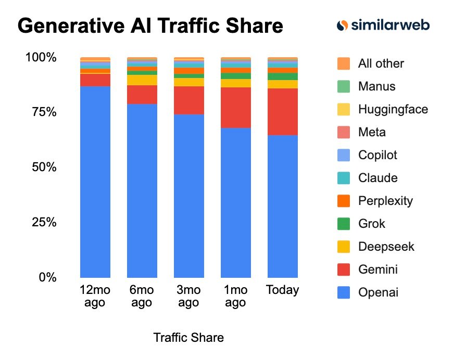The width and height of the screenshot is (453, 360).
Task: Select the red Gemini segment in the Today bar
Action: click(282, 112)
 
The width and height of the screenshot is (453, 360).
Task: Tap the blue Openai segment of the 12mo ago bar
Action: click(95, 182)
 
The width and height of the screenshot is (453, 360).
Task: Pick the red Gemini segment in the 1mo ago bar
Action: click(235, 108)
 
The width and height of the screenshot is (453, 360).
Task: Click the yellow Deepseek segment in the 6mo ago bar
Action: click(142, 80)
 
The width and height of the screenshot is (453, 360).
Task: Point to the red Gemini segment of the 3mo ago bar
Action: click(188, 100)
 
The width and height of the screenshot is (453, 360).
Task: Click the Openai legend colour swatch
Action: click(343, 292)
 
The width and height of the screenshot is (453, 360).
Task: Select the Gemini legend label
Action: click(378, 269)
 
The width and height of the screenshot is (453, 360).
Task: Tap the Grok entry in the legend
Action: click(371, 224)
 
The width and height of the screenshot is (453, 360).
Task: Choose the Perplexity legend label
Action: click(385, 201)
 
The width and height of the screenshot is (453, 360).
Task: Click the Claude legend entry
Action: click(378, 178)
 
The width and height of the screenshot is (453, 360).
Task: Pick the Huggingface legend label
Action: click(393, 109)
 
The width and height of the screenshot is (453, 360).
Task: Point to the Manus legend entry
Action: click(376, 86)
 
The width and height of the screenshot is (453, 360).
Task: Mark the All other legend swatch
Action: click(343, 63)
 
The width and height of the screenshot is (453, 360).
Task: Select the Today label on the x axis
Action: click(282, 290)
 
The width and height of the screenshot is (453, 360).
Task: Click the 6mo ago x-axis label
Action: click(142, 296)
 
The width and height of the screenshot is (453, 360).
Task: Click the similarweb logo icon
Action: click(342, 25)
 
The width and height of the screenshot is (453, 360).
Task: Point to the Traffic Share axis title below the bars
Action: click(188, 338)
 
